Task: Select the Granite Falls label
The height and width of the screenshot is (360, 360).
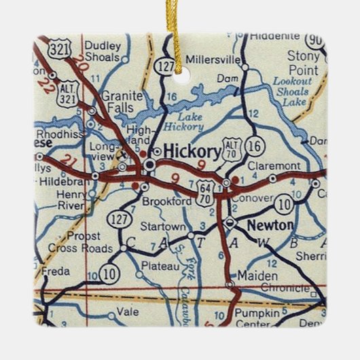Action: [x=122, y=101]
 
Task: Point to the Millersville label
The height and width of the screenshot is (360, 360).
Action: [x=213, y=60]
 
